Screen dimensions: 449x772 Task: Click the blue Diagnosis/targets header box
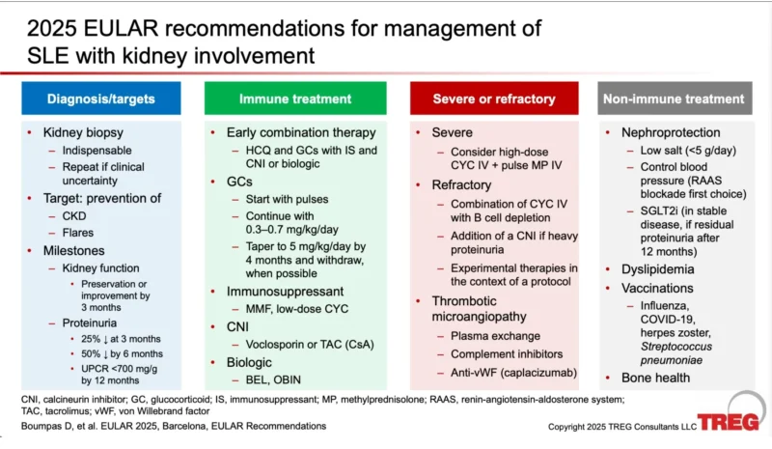tap(100, 98)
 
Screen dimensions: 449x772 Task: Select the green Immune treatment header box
tap(295, 98)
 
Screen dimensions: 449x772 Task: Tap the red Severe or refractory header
tap(493, 98)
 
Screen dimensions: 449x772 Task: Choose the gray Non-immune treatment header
tap(674, 98)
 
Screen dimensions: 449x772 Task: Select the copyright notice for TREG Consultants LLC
tap(622, 426)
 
